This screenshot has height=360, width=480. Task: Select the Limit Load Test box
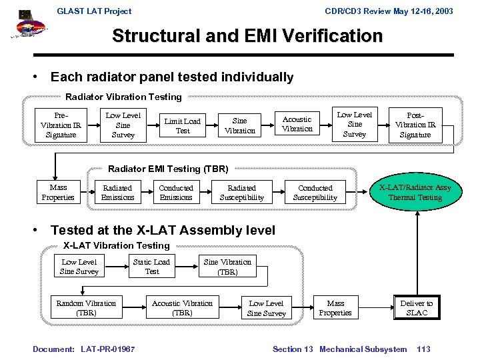coord(182,125)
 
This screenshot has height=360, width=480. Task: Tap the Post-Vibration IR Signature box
coord(415,125)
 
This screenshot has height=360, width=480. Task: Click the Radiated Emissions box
coord(117,193)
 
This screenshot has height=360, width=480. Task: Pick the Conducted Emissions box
coord(176,193)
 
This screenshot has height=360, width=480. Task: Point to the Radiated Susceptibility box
coord(241,193)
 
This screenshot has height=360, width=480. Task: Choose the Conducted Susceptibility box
coord(315,193)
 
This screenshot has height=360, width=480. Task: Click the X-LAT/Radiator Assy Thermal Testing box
coord(415,192)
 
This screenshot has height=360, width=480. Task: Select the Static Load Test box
coord(151,267)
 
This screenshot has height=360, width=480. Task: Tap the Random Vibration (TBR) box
coord(86,308)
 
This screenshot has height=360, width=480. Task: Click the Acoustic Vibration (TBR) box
coord(182,308)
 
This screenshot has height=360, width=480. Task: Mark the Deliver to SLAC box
coord(416,308)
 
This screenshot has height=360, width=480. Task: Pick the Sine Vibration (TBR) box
coord(227,267)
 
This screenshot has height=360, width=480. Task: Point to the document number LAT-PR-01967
coord(107,349)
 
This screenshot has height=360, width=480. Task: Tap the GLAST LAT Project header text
coord(94,11)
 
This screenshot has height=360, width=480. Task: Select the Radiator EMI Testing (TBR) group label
coord(168,169)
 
